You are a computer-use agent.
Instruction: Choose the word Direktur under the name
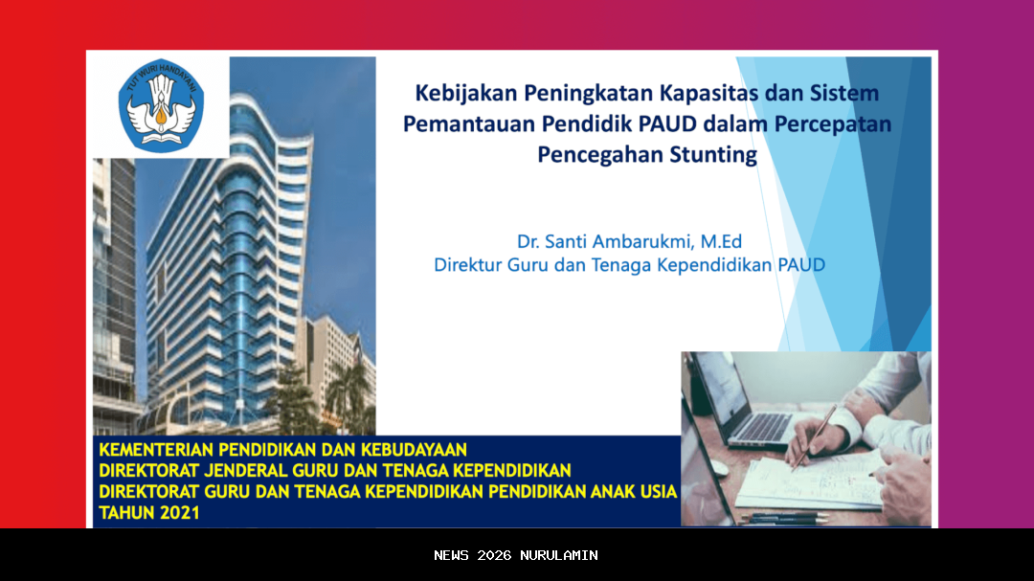[469, 265]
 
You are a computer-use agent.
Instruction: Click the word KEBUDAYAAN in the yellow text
[408, 449]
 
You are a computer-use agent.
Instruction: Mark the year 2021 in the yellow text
[180, 513]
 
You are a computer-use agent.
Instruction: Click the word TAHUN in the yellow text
[126, 513]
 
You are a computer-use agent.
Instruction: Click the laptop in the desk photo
[742, 402]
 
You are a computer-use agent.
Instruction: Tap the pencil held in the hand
[813, 436]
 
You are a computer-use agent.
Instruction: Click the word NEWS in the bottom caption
[452, 555]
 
